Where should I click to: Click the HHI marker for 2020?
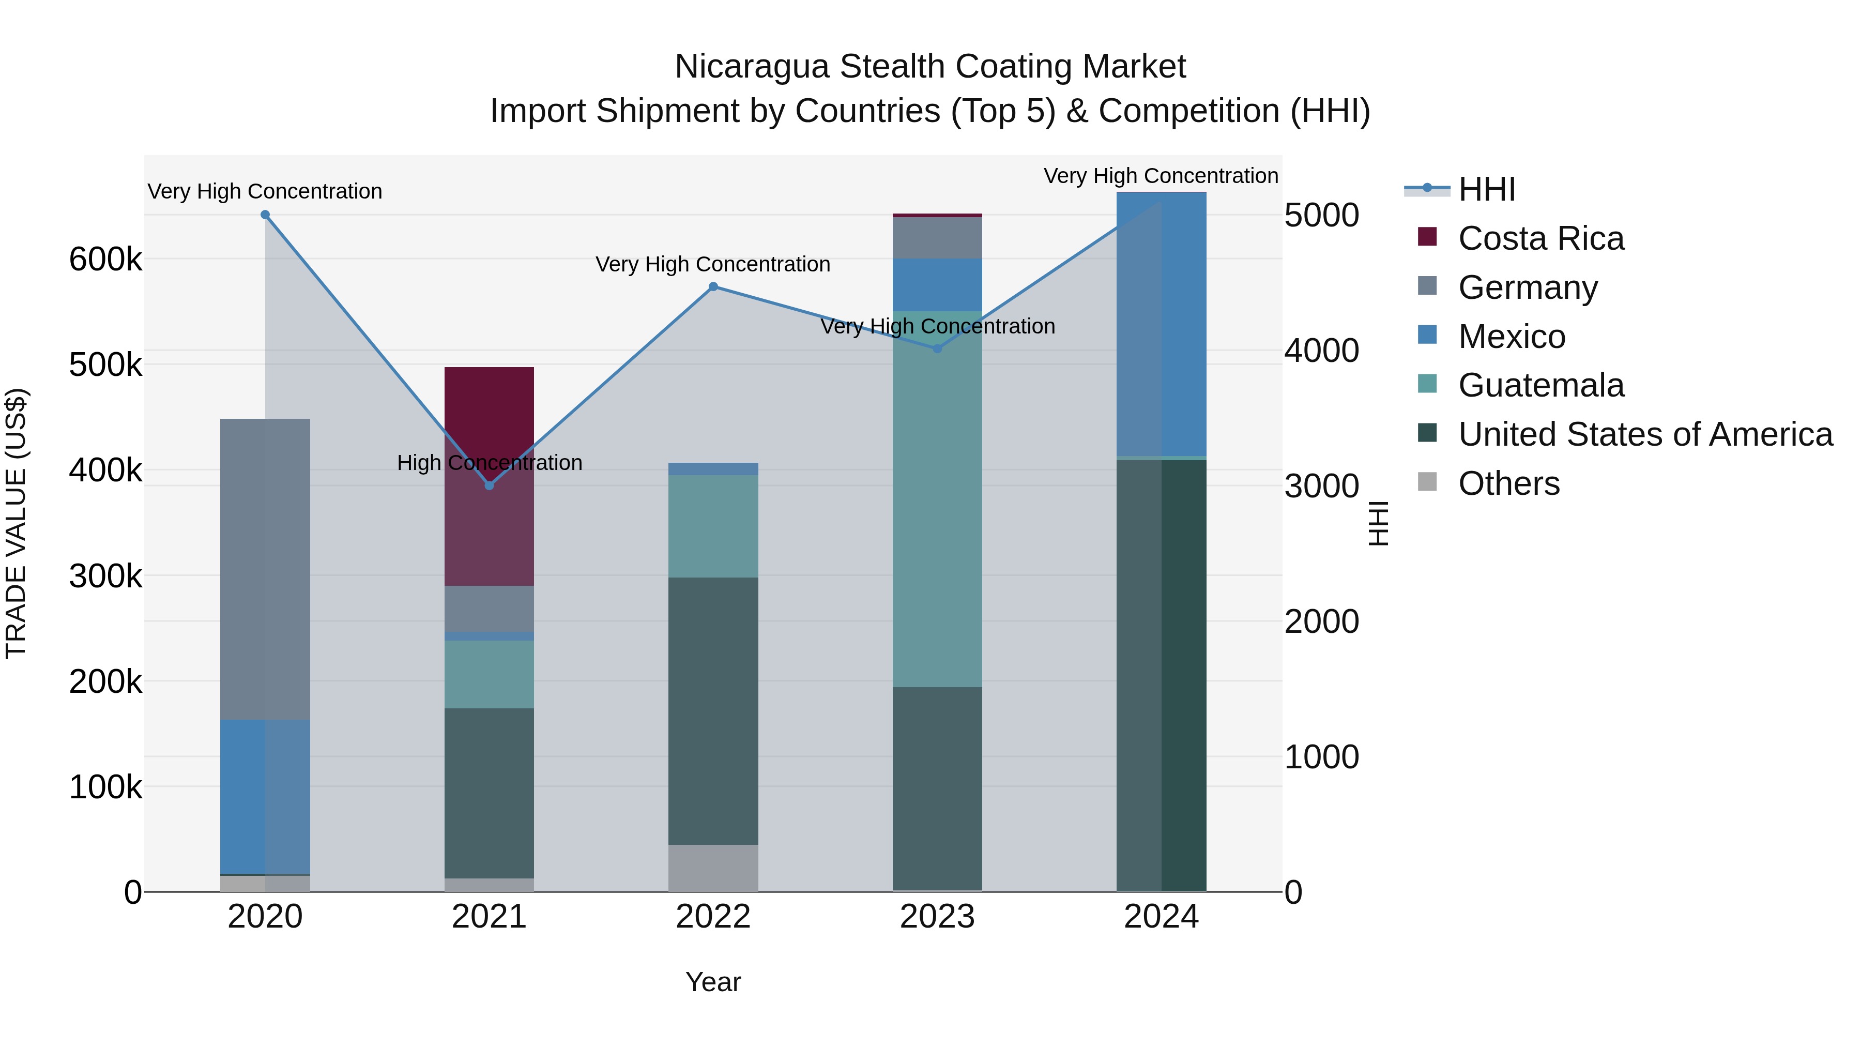pyautogui.click(x=265, y=215)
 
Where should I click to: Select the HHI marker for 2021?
pyautogui.click(x=489, y=485)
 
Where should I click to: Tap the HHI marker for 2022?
pyautogui.click(x=713, y=287)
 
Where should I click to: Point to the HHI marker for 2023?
pyautogui.click(x=938, y=349)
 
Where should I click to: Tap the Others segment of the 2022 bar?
pyautogui.click(x=713, y=868)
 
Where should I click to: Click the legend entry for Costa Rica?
pyautogui.click(x=1540, y=238)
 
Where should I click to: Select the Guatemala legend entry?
pyautogui.click(x=1540, y=385)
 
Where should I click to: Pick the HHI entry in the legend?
pyautogui.click(x=1486, y=189)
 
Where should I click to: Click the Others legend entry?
pyautogui.click(x=1508, y=483)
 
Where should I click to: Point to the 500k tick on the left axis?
pyautogui.click(x=105, y=365)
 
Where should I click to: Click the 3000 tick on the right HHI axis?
pyautogui.click(x=1321, y=487)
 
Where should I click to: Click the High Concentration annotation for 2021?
pyautogui.click(x=489, y=462)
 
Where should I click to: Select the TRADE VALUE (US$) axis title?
pyautogui.click(x=16, y=523)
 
